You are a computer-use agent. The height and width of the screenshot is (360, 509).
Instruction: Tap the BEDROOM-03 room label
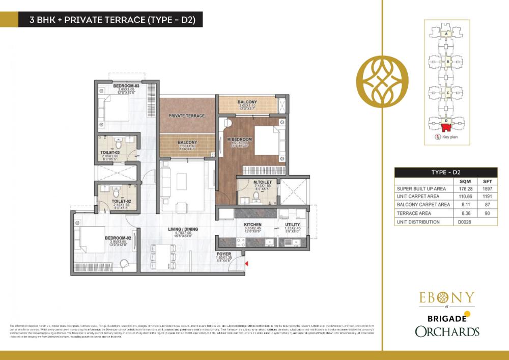point(126,86)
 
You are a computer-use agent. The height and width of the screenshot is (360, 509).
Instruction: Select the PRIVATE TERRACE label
point(187,116)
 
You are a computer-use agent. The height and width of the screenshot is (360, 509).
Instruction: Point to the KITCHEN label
point(253,225)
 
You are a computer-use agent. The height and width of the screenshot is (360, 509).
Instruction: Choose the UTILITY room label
point(292,225)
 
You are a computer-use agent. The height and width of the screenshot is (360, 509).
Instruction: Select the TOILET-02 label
point(111,201)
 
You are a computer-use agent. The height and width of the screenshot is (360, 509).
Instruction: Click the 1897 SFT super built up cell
point(487,188)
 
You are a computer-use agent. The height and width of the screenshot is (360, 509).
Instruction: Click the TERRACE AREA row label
point(413,213)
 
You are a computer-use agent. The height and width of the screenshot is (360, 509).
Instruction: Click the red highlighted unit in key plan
point(446,126)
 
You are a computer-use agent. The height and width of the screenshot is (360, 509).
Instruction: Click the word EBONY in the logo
point(446,297)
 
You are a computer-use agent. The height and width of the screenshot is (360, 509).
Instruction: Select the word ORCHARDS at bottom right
point(446,332)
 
